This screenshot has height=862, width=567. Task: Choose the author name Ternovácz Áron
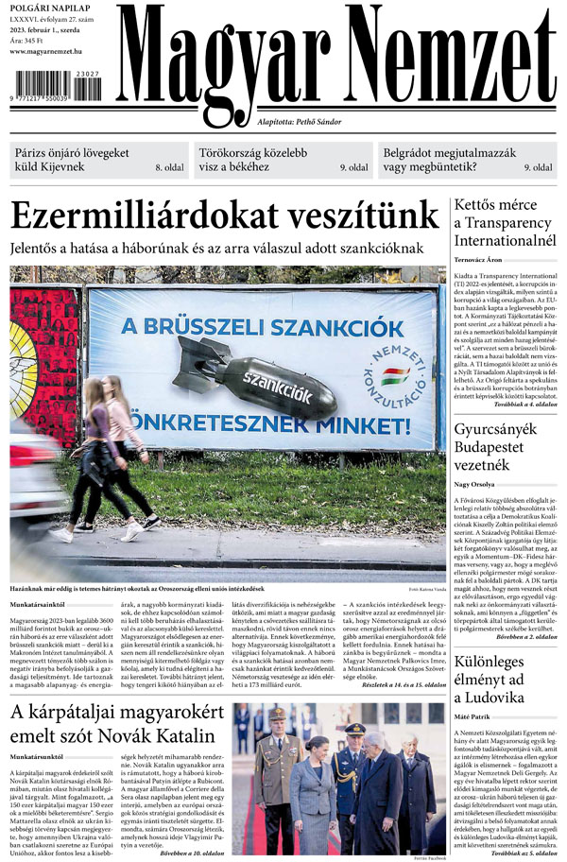pos(479,259)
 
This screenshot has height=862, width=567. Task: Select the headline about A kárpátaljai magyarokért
pos(113,724)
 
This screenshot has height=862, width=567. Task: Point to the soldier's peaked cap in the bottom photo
pos(280,715)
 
